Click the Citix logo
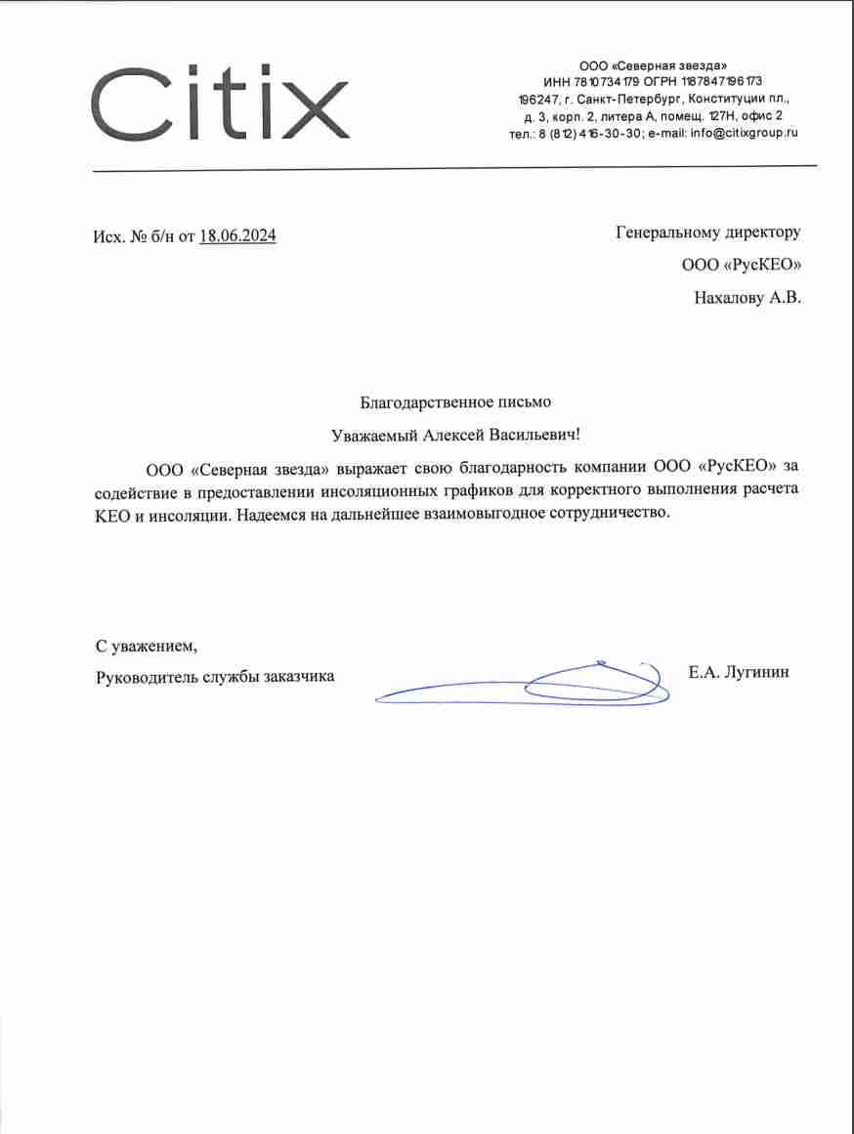(x=220, y=103)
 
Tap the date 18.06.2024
(x=237, y=235)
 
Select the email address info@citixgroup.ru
(x=744, y=133)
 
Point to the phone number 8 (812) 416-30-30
(x=589, y=133)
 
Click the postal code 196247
(x=536, y=99)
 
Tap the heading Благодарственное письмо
(x=455, y=400)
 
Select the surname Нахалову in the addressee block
(x=727, y=298)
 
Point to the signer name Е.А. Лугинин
(x=739, y=672)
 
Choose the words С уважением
(x=146, y=646)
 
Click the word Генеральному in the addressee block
(x=668, y=232)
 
